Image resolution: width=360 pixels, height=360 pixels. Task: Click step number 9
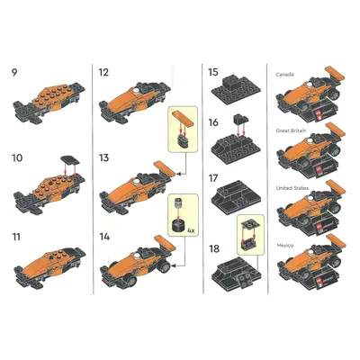(14, 73)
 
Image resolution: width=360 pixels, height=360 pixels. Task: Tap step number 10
(17, 157)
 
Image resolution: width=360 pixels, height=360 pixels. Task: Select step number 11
(16, 237)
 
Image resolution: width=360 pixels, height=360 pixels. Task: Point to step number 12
(103, 73)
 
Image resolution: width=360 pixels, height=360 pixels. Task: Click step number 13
(103, 157)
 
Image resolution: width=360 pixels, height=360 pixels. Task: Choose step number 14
(104, 237)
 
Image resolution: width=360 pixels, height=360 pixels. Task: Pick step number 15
(213, 73)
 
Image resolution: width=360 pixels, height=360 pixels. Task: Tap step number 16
(213, 122)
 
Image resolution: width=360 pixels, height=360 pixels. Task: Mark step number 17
(213, 178)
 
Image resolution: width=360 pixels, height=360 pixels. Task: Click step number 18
(214, 249)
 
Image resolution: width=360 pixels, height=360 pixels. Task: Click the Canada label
(284, 75)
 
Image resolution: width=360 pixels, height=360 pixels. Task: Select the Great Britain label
(291, 130)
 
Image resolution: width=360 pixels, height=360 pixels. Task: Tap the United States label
(292, 188)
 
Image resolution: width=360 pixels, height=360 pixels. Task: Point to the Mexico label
(285, 246)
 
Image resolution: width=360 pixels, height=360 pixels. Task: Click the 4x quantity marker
(191, 231)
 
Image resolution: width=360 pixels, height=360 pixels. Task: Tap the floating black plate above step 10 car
(70, 159)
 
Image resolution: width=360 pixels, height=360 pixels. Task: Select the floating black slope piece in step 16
(241, 119)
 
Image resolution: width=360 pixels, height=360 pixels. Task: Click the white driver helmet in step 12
(137, 90)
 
